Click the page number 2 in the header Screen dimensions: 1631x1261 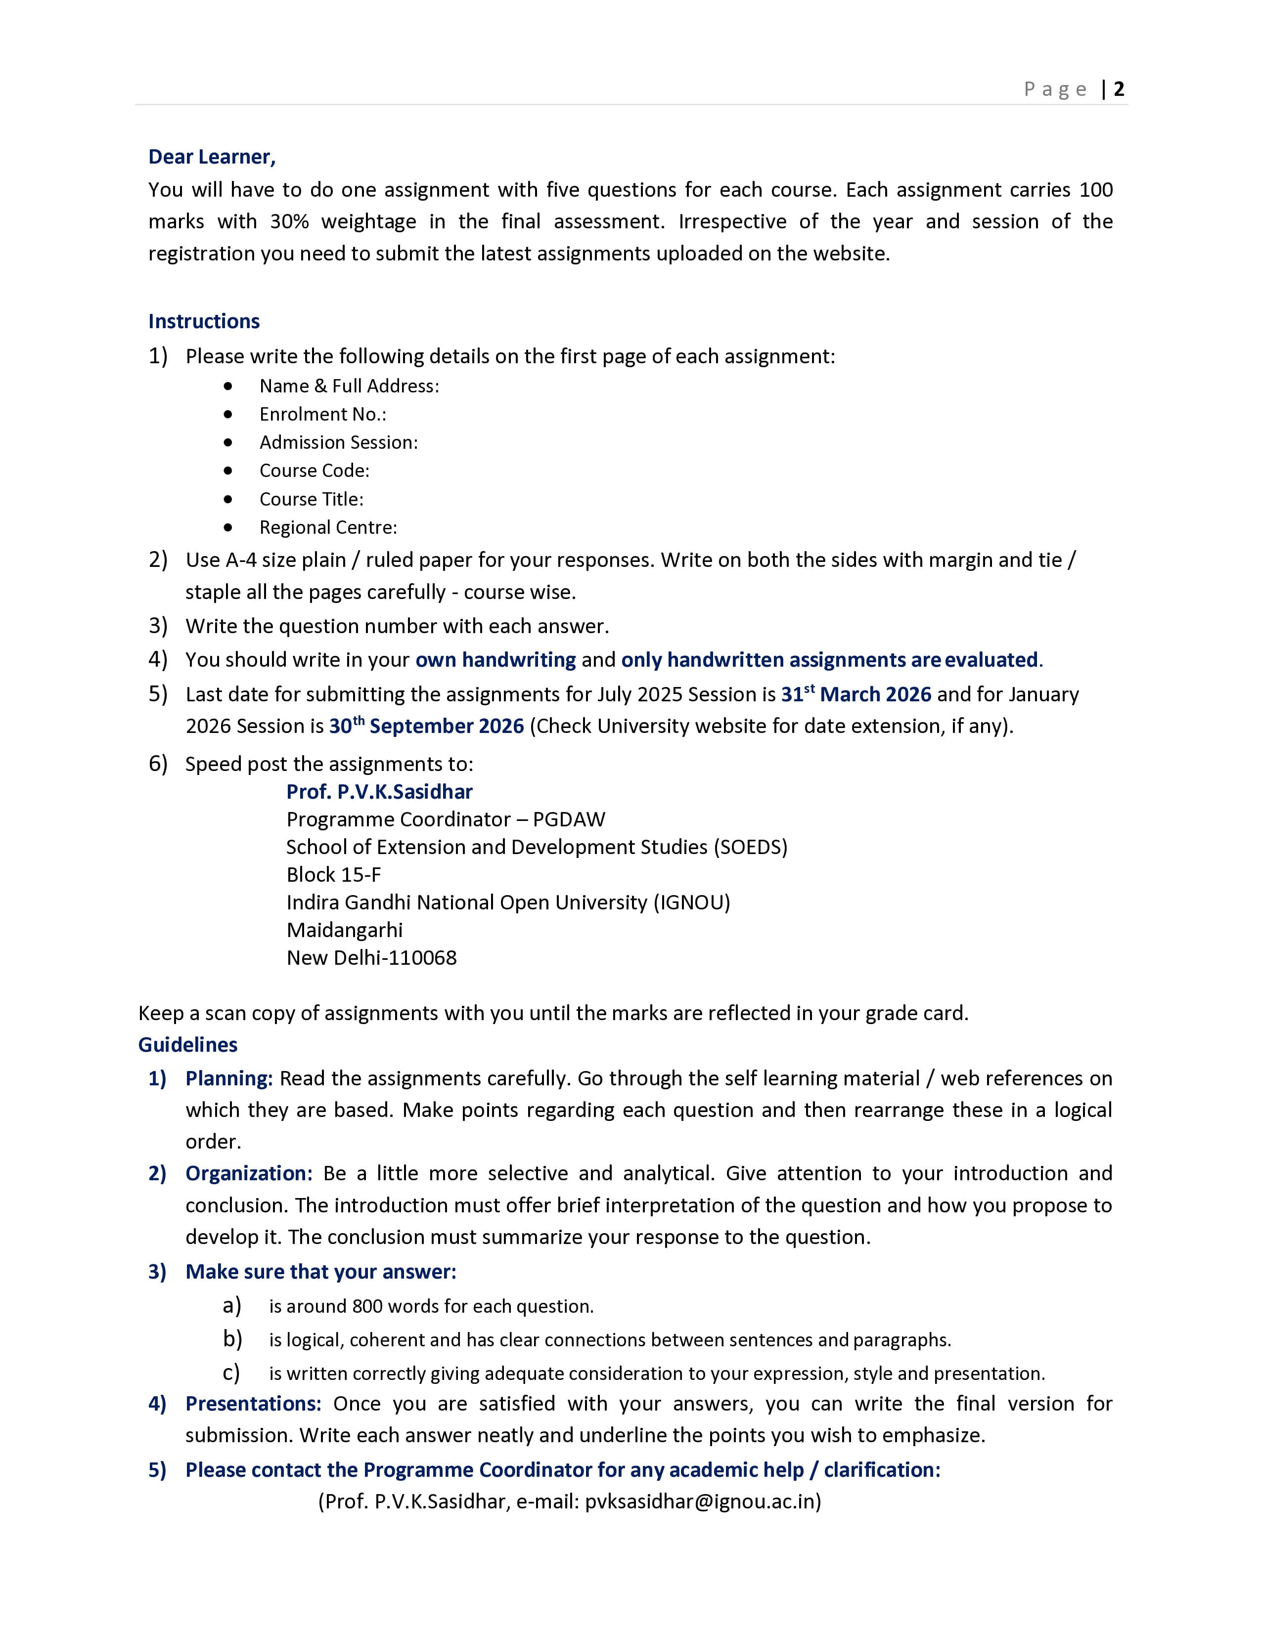(1118, 89)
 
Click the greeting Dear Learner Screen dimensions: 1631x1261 (212, 157)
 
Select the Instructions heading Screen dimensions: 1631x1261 (204, 321)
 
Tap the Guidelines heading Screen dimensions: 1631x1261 (187, 1045)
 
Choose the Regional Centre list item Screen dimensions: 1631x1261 (328, 527)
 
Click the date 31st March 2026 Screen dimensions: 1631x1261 (856, 694)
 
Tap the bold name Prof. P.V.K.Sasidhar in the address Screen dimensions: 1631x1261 (379, 792)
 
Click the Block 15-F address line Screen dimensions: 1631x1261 (333, 874)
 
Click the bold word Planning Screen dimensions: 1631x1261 (228, 1078)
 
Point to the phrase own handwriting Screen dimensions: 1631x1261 (495, 660)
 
